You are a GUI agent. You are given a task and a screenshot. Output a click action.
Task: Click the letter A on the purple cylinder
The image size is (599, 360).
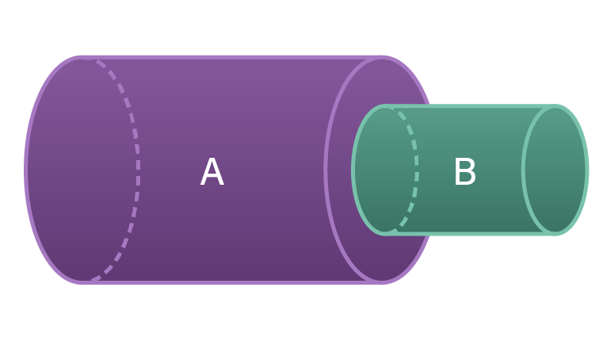pyautogui.click(x=212, y=173)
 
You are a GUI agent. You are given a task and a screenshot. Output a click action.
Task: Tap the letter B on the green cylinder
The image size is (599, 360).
pyautogui.click(x=464, y=173)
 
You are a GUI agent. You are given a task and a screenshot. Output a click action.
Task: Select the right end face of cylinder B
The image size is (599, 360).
pyautogui.click(x=555, y=170)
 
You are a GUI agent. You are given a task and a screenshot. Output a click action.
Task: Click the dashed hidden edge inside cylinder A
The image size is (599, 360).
pyautogui.click(x=137, y=170)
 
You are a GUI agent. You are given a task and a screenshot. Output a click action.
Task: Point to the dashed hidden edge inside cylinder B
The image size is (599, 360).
pyautogui.click(x=417, y=170)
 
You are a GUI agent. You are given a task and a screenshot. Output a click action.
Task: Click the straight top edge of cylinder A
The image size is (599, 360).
pyautogui.click(x=230, y=57)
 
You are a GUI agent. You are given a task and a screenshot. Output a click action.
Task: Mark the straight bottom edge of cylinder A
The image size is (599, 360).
pyautogui.click(x=230, y=281)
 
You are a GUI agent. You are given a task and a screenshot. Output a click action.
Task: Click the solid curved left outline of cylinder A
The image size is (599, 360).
pyautogui.click(x=26, y=170)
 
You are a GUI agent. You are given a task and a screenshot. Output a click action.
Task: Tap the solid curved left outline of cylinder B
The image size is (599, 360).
pyautogui.click(x=353, y=170)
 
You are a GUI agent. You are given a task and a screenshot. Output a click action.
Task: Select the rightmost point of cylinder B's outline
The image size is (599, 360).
pyautogui.click(x=587, y=170)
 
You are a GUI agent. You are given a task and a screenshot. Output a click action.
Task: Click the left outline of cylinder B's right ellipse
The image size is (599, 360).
pyautogui.click(x=523, y=170)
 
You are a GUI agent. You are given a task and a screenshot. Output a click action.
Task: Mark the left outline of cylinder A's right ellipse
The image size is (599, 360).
pyautogui.click(x=326, y=170)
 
